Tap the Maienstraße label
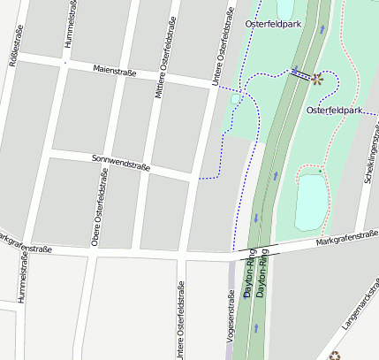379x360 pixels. tap(114, 71)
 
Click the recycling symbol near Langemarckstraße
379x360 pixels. tap(335, 356)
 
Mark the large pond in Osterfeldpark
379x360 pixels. tap(311, 202)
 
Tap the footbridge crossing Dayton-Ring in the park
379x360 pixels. tap(300, 76)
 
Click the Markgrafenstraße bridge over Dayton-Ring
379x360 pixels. tap(257, 250)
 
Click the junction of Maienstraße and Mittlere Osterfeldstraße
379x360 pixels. tap(153, 77)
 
